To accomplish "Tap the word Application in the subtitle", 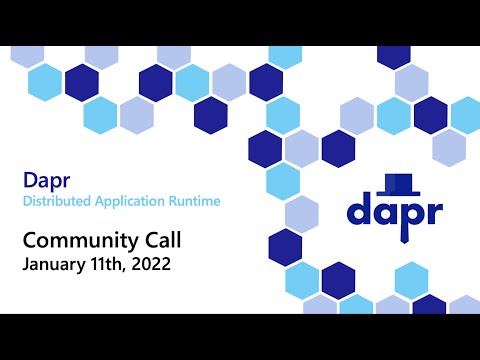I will (x=132, y=202).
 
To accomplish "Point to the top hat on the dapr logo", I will (x=399, y=183).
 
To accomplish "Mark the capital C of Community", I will (x=29, y=241).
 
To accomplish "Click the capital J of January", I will (x=25, y=265).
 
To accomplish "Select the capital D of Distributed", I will (x=27, y=202).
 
